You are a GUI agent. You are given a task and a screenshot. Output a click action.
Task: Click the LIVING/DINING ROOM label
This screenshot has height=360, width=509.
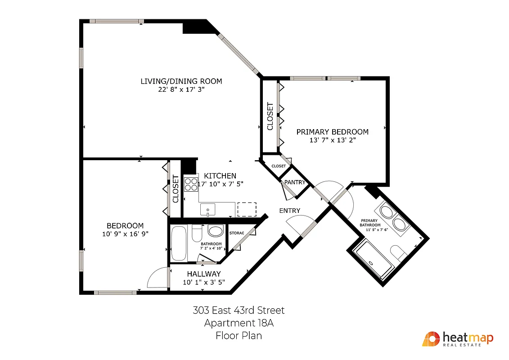(x=181, y=81)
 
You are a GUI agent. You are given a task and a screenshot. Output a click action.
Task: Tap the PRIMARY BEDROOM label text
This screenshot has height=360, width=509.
(x=332, y=132)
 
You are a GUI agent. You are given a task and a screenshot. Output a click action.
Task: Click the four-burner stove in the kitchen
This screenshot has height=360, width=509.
(x=191, y=184)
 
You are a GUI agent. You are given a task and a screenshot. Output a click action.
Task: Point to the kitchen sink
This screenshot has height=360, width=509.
(x=207, y=209)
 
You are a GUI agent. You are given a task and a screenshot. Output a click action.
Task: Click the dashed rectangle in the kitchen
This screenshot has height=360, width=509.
(x=246, y=209)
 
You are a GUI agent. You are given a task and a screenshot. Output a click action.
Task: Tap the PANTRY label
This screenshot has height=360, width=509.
(x=295, y=182)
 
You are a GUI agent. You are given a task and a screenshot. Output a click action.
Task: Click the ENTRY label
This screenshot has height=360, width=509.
(x=289, y=211)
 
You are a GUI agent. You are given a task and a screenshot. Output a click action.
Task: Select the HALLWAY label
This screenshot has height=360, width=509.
(x=204, y=274)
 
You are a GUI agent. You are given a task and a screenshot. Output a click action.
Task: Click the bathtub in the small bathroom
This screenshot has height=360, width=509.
(x=179, y=243)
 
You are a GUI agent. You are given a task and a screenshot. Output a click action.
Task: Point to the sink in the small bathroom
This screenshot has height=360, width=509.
(x=215, y=231)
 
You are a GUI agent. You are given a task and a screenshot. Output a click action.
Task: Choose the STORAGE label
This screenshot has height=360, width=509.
(x=237, y=233)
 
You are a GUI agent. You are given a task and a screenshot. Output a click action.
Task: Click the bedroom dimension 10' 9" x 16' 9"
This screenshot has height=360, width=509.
(x=125, y=234)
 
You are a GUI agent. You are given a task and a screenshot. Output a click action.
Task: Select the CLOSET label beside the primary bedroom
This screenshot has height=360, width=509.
(x=270, y=117)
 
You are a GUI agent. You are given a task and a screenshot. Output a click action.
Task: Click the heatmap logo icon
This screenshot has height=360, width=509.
(x=431, y=339)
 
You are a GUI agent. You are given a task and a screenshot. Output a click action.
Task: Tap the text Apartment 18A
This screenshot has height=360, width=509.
(x=239, y=323)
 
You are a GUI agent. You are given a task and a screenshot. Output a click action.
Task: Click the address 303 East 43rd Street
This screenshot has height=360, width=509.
(x=239, y=310)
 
